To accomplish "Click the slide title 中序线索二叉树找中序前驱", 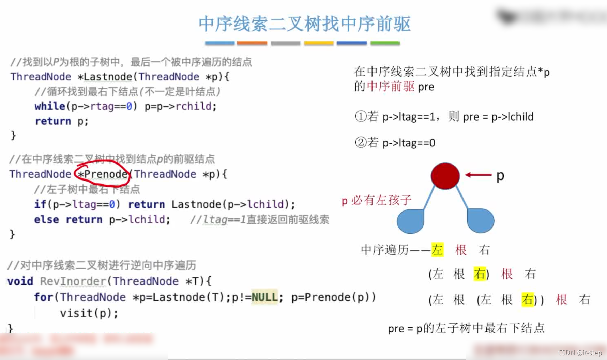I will [304, 24].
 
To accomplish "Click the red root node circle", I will [445, 176].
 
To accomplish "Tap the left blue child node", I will [411, 221].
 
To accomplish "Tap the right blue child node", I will [480, 221].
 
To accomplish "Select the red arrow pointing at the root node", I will [478, 175].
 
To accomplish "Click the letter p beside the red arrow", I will [500, 176].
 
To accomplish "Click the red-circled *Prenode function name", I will [102, 174].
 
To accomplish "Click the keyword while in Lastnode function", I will [49, 106].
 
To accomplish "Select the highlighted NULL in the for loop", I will [264, 297].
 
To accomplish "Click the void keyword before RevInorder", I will [20, 281].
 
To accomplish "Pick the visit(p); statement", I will [89, 313].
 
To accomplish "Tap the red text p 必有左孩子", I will [376, 200].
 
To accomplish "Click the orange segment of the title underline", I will [252, 43].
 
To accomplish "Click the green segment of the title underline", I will [385, 43].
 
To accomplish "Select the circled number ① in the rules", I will [361, 116].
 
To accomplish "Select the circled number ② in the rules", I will [361, 142].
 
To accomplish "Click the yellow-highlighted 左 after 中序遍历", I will [437, 250].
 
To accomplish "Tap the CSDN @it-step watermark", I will [580, 353].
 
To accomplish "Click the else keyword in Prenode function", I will [46, 220].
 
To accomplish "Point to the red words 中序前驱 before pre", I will [391, 87].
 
